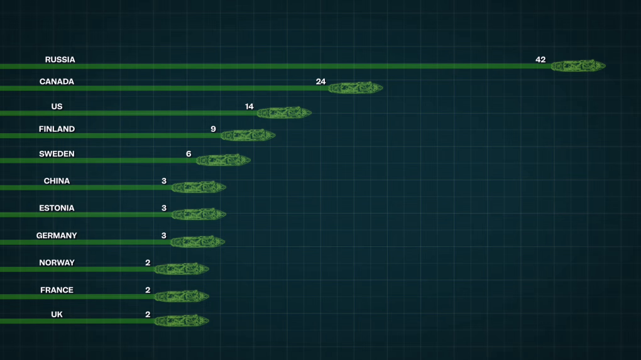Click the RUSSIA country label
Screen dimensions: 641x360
[x=60, y=60]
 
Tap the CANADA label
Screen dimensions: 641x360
[x=57, y=82]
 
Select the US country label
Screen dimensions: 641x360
[x=57, y=107]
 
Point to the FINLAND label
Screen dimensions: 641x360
[x=57, y=129]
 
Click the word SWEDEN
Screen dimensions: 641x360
[x=57, y=154]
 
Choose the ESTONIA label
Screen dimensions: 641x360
[x=57, y=208]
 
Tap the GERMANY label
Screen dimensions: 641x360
[x=57, y=236]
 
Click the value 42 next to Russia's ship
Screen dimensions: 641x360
[x=540, y=60]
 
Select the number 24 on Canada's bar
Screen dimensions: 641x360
[x=320, y=82]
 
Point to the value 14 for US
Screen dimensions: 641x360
[x=249, y=107]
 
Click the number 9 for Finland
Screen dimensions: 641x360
[x=213, y=129]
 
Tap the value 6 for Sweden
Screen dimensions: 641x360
[x=189, y=154]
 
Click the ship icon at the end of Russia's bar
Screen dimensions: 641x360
[x=578, y=66]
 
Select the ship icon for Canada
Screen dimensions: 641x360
[x=355, y=88]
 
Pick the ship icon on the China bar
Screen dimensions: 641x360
[x=199, y=187]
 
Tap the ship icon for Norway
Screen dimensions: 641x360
[x=182, y=269]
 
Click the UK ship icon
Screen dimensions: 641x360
[x=182, y=321]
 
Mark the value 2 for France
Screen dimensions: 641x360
[x=148, y=290]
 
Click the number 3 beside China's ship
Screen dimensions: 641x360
[x=164, y=181]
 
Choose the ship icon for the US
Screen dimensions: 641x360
[x=284, y=112]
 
